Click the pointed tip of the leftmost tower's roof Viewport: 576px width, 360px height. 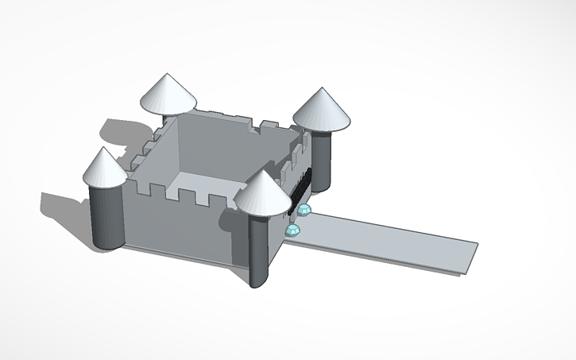tap(103, 149)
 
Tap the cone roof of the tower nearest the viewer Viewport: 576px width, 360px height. tap(262, 195)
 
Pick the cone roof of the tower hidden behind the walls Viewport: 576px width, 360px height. tap(168, 95)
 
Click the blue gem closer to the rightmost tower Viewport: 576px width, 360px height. tap(304, 210)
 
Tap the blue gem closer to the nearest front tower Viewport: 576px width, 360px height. tap(294, 230)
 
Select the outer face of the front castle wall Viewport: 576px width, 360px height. tap(175, 226)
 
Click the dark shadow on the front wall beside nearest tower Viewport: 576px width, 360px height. tap(238, 238)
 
